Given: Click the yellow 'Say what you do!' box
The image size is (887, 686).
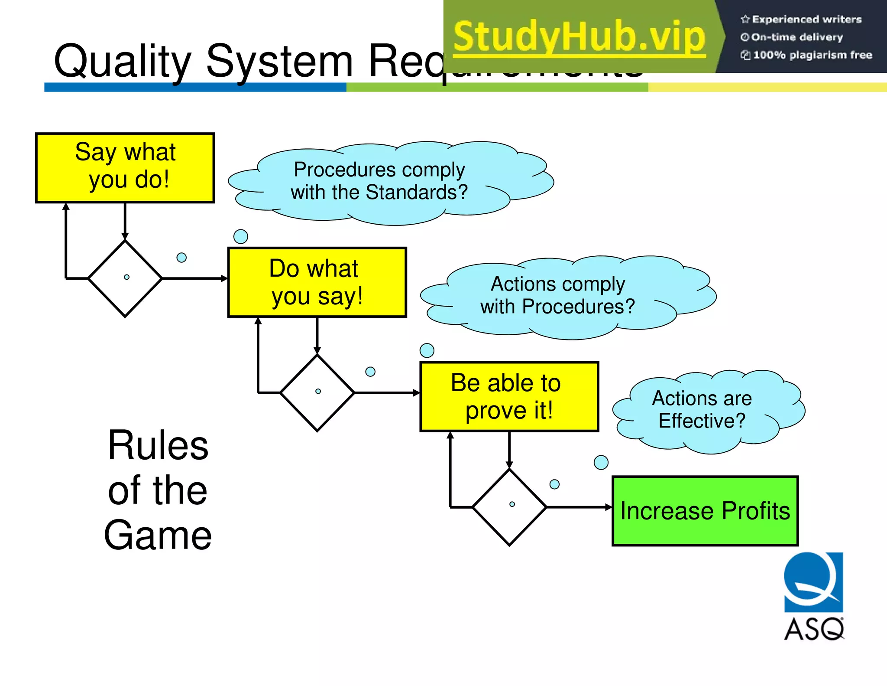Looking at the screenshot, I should (x=125, y=167).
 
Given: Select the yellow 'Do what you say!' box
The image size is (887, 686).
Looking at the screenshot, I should (x=317, y=282).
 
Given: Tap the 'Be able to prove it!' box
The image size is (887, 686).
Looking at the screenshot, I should (x=509, y=396).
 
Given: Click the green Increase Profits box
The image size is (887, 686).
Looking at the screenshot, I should (x=705, y=510).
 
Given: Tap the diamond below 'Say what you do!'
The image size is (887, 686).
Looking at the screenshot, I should (x=125, y=278).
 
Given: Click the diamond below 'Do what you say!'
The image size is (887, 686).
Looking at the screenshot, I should (x=317, y=392).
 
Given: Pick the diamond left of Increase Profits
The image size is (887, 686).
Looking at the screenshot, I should (x=509, y=506).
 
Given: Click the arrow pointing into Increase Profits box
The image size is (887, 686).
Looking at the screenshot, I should (x=580, y=507).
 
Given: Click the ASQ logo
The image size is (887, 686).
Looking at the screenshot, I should (x=813, y=596).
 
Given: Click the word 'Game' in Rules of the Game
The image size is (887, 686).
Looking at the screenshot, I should (x=158, y=536).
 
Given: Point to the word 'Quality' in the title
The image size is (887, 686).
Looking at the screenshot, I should (x=123, y=62).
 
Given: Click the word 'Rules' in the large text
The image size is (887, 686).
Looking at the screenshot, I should (x=158, y=445).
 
